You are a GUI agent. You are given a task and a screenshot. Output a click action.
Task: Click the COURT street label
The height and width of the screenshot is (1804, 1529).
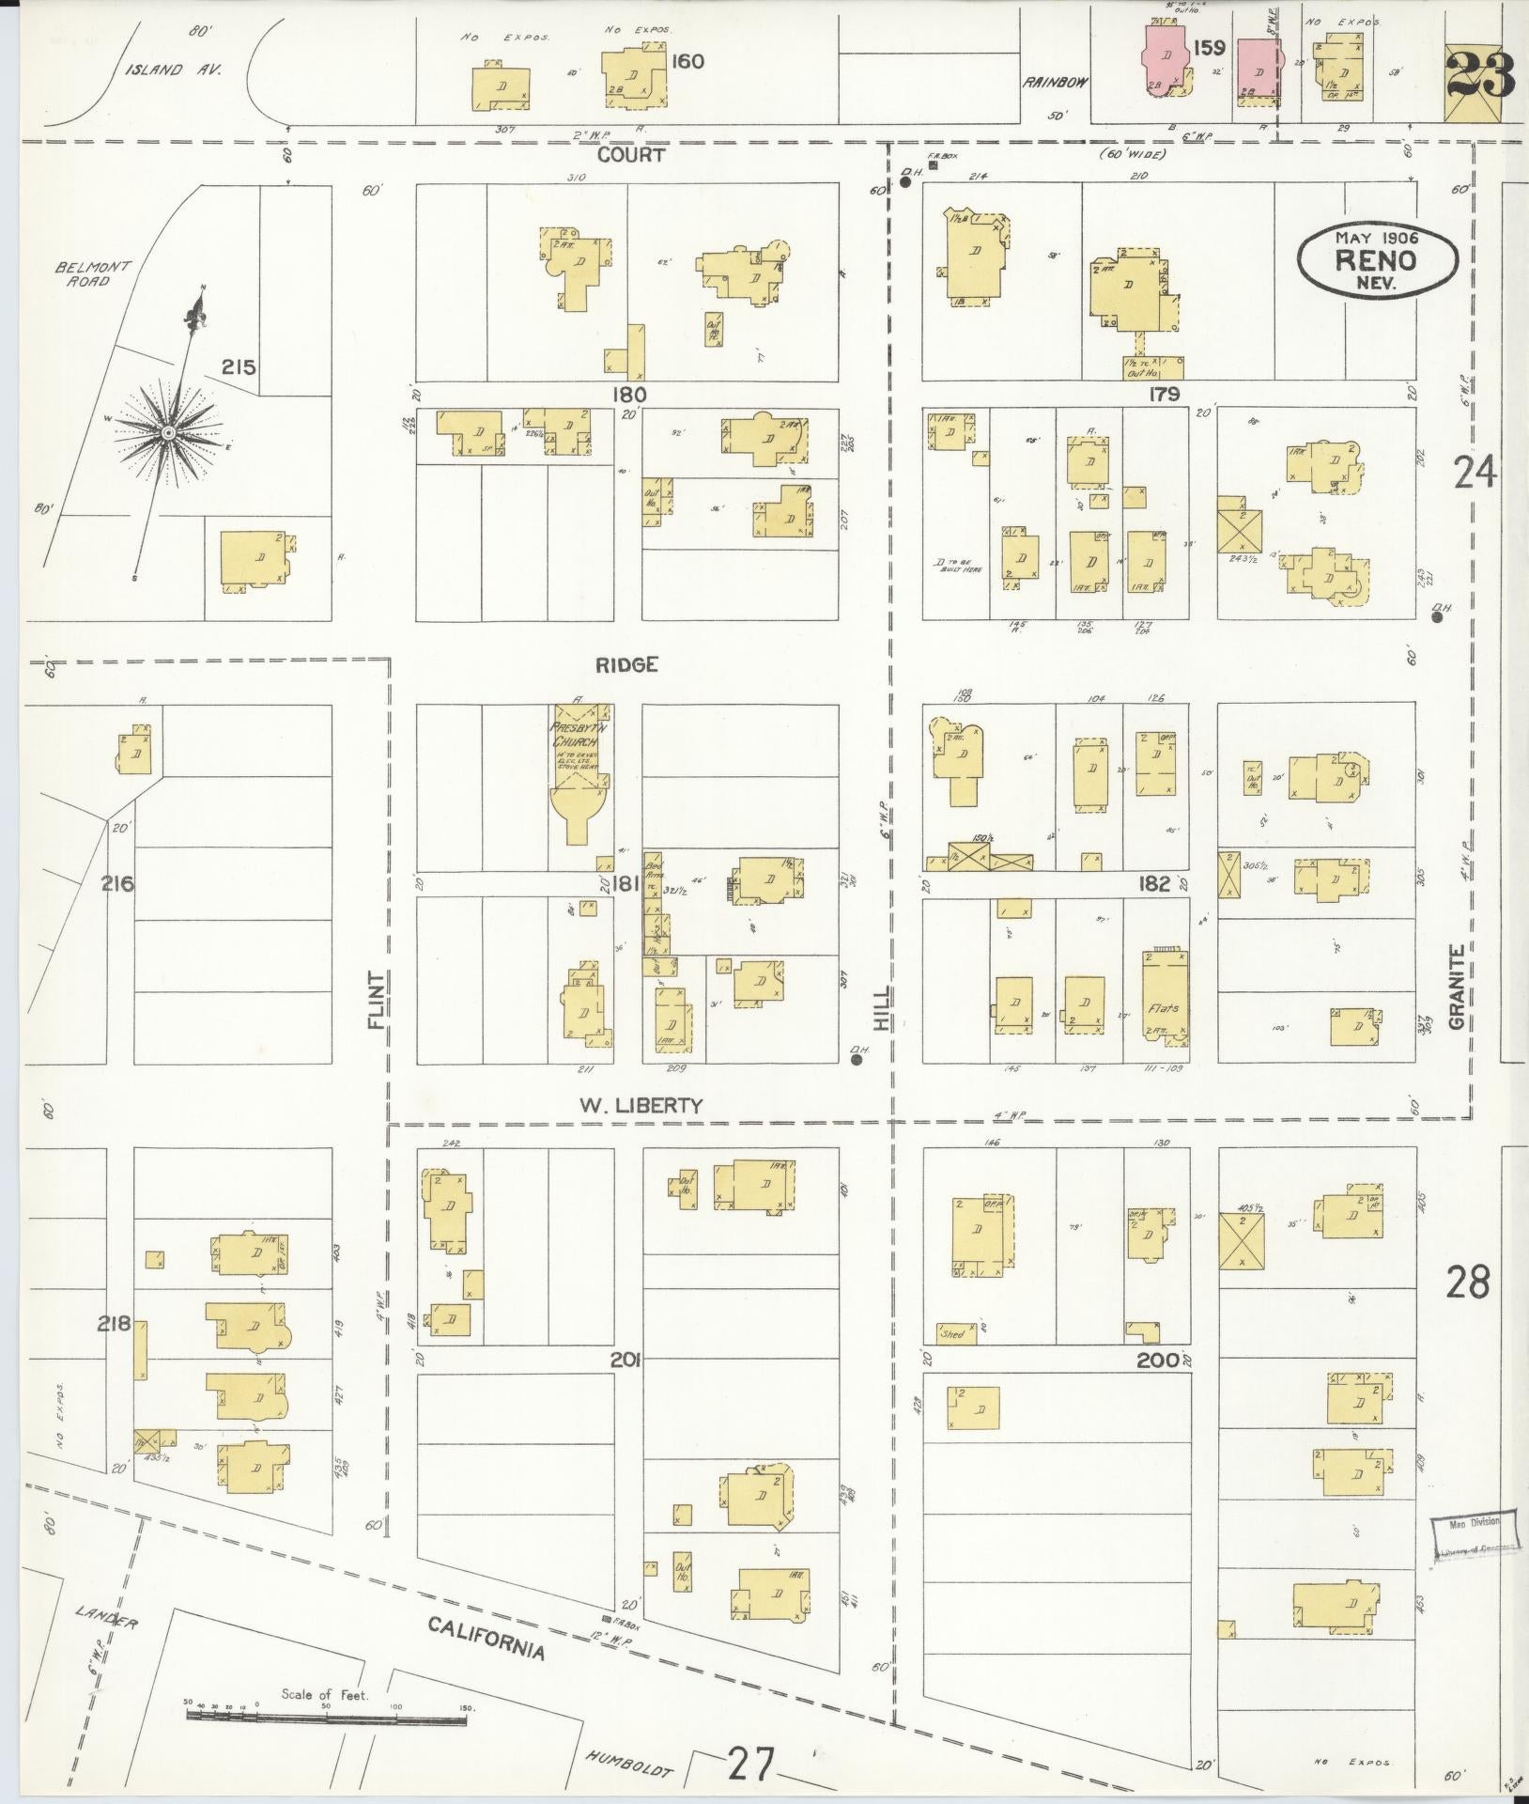[x=632, y=155]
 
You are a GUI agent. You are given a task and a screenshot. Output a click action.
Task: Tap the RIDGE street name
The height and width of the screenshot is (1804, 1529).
[x=626, y=665]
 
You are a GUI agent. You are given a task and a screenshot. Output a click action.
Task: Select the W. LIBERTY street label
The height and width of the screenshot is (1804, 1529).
[x=641, y=1106]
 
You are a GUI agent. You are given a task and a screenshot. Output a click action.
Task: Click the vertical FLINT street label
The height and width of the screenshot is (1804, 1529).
[x=378, y=1001]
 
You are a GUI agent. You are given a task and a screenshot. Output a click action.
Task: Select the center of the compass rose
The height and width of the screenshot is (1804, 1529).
[x=167, y=432]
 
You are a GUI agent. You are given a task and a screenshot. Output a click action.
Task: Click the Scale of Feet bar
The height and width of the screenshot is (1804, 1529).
[x=326, y=1717]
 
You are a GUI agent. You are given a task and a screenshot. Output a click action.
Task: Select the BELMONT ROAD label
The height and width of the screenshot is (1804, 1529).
[x=82, y=273]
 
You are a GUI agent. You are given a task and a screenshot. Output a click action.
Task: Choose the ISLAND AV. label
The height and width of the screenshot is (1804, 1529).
[x=176, y=70]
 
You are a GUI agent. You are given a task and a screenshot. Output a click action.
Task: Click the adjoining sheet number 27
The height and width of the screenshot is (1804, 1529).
[x=751, y=1767]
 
